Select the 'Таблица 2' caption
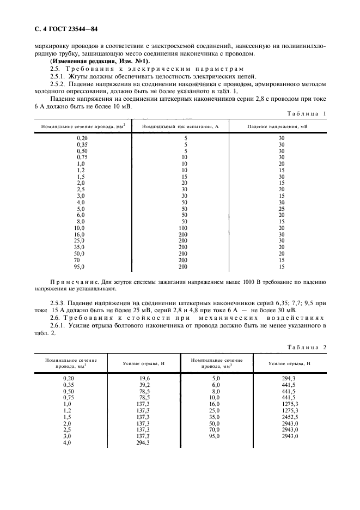306,347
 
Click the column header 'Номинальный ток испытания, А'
180,126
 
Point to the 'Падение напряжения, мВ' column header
277,126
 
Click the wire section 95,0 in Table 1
81,266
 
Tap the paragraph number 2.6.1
58,325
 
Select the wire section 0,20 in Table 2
69,378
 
